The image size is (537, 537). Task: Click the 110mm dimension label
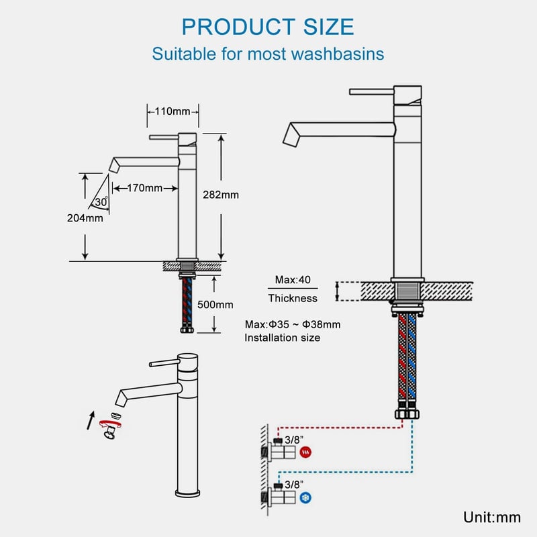coord(173,111)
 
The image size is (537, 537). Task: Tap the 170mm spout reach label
coord(144,188)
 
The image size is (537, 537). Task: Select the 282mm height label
coord(221,195)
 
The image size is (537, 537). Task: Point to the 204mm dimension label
coord(85,217)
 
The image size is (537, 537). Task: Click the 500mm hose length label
coord(215,305)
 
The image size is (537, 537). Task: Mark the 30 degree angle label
coord(101,202)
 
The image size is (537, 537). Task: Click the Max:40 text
coord(293,280)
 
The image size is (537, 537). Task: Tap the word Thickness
coord(293,298)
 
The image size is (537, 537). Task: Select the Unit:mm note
coord(492,517)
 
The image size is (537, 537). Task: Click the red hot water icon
coord(305,452)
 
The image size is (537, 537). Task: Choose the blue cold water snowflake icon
coord(305,497)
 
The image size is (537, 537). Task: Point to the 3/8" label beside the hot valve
coord(294,440)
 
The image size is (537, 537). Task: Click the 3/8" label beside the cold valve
coord(294,485)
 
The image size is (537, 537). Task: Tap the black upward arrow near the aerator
coord(91,420)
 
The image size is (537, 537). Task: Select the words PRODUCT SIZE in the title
coord(268,27)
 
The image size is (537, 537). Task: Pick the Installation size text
coord(282,338)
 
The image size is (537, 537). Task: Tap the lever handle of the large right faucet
coord(372,92)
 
